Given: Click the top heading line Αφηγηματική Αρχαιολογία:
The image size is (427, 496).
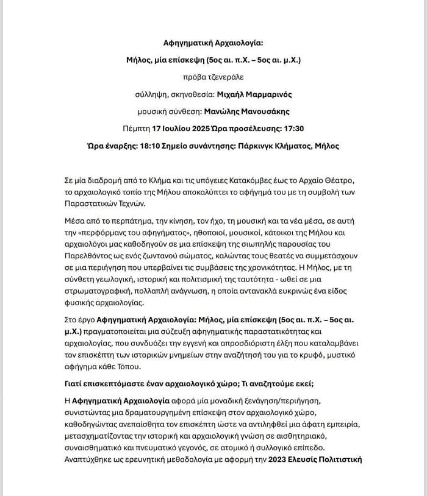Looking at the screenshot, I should click(x=213, y=43).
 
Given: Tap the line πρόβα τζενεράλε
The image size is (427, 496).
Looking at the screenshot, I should click(x=213, y=77).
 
